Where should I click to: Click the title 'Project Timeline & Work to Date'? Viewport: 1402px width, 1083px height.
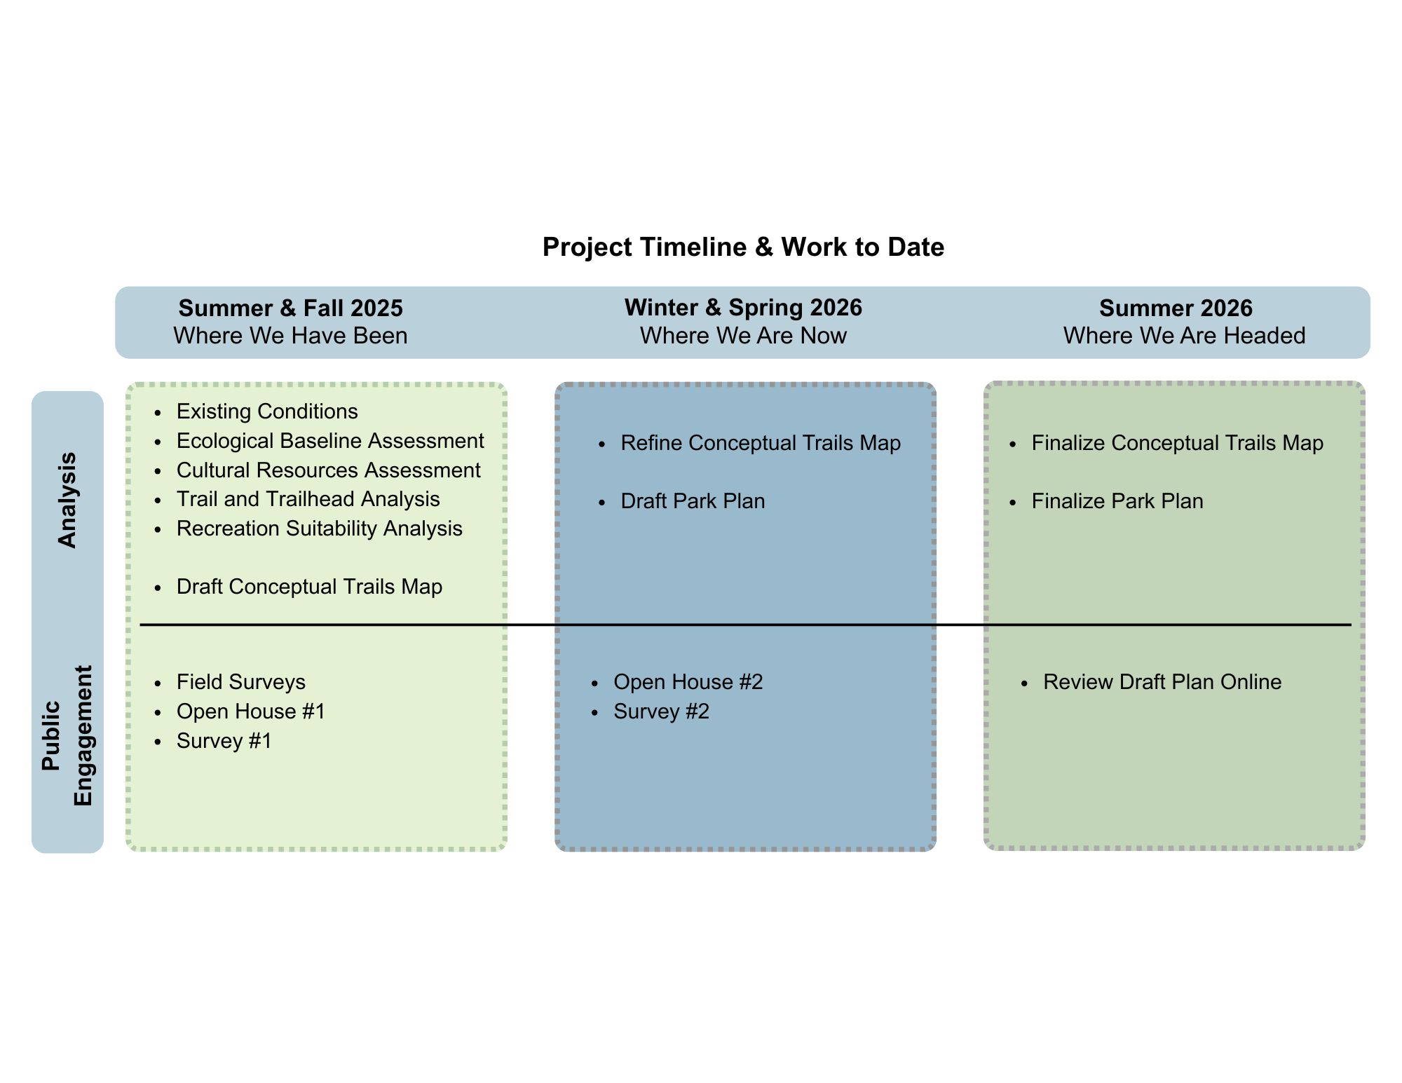click(x=743, y=247)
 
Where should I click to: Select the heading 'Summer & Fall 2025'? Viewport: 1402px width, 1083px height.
click(x=290, y=308)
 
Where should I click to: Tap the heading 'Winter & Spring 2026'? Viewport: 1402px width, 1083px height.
click(x=743, y=308)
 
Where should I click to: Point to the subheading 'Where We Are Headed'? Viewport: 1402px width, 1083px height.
click(x=1184, y=336)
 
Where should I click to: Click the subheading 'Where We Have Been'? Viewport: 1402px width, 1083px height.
click(x=290, y=336)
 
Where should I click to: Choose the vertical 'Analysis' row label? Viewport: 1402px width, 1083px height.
click(x=67, y=500)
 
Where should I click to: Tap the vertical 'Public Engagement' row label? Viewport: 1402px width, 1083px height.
click(x=67, y=736)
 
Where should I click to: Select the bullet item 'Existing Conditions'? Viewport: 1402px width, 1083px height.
click(x=267, y=411)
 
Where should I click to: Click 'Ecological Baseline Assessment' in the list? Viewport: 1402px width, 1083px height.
click(x=330, y=441)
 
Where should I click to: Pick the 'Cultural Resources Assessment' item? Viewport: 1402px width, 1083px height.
click(x=328, y=470)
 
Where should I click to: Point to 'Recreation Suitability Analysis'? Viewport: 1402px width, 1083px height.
click(x=319, y=529)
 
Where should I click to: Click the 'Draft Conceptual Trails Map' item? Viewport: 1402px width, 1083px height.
click(x=309, y=587)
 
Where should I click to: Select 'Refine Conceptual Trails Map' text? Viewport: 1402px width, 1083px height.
click(x=761, y=443)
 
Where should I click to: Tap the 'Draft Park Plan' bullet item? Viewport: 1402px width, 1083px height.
click(x=693, y=501)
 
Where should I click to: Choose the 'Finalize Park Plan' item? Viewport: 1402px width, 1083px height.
click(x=1117, y=501)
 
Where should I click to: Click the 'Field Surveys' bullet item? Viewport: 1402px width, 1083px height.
click(x=241, y=682)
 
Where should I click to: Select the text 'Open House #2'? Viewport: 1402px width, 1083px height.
click(x=688, y=682)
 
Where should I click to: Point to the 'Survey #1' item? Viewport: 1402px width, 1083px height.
click(x=224, y=741)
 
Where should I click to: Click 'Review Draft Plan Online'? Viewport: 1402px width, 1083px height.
click(x=1162, y=682)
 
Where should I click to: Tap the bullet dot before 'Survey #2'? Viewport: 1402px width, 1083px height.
click(x=595, y=713)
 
